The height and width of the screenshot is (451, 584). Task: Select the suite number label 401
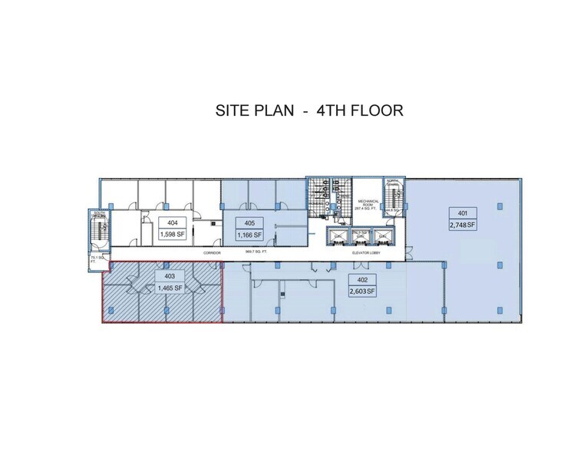tap(463, 213)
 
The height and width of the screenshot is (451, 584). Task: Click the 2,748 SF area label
tap(463, 225)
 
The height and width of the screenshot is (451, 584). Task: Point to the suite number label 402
tap(360, 280)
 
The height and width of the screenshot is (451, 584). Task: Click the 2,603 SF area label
tap(360, 291)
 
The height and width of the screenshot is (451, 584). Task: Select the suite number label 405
tap(249, 222)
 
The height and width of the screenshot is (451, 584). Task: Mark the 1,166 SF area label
tap(249, 235)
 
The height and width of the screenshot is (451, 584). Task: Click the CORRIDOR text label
tap(212, 252)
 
